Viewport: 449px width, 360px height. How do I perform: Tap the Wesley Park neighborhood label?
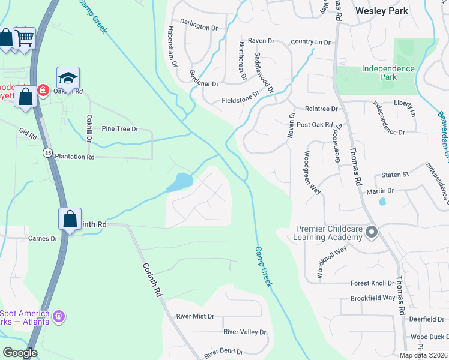381,11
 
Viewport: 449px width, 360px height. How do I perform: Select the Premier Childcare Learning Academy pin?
372,232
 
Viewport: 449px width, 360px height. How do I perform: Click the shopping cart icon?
24,38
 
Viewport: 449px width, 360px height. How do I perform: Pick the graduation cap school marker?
68,78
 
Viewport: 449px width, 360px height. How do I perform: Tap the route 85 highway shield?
47,153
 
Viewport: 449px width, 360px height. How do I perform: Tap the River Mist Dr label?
195,316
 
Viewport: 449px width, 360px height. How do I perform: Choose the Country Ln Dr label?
310,42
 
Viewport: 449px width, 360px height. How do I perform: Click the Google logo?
20,353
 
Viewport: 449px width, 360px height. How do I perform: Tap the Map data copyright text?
423,355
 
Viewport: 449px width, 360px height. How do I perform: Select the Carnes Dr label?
43,238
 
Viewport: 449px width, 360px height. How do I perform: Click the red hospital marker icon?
43,91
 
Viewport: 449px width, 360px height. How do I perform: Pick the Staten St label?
395,175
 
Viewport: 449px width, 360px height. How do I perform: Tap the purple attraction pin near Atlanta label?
58,315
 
